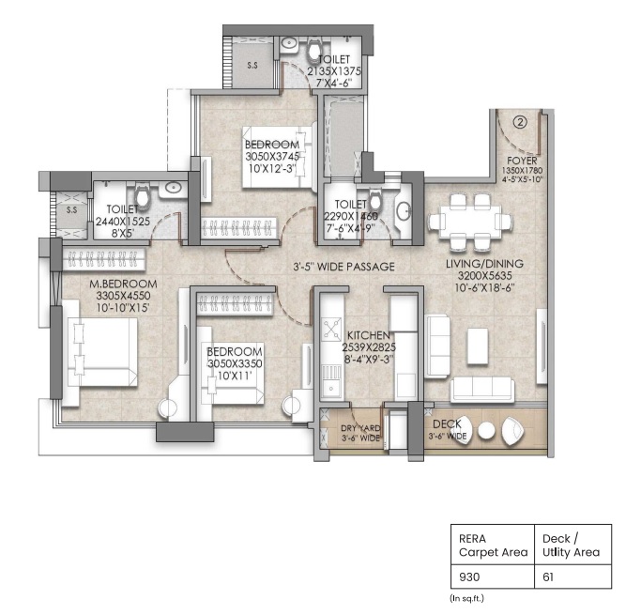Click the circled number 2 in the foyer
[520, 122]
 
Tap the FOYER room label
[522, 161]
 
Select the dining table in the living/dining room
[470, 222]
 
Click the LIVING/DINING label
[484, 264]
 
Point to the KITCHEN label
[368, 335]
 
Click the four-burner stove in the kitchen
[331, 330]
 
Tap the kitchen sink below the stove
[331, 381]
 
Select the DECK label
[447, 423]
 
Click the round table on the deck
[486, 431]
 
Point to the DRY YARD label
[360, 428]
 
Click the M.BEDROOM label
[123, 284]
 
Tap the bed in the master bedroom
[102, 352]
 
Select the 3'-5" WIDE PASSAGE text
[343, 267]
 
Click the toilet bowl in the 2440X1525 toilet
[143, 196]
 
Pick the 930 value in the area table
[469, 577]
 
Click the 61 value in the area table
[548, 577]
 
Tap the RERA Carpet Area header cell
[493, 546]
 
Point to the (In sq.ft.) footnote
[466, 598]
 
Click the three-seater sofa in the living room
[482, 390]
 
